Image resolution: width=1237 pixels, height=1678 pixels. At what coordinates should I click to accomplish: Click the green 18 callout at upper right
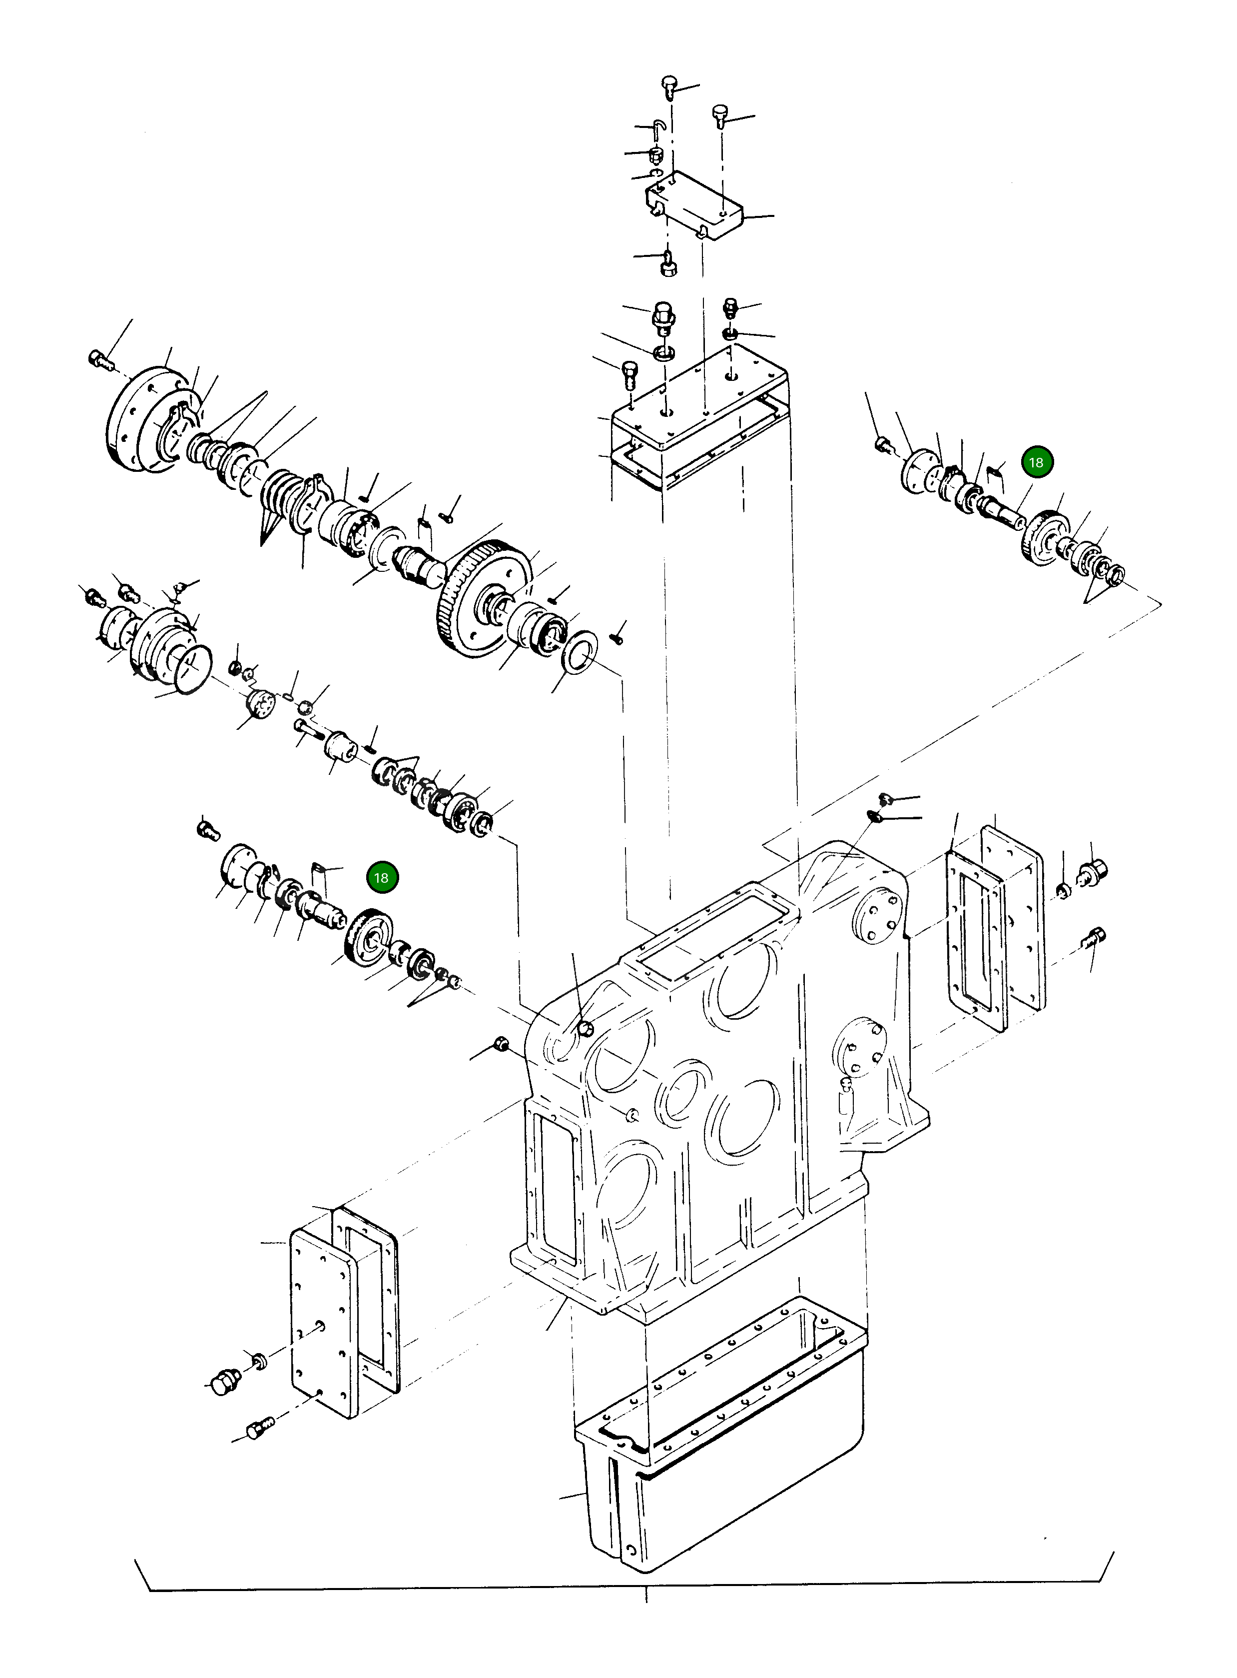tap(1036, 462)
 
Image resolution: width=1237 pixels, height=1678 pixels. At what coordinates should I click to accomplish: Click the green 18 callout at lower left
tap(381, 877)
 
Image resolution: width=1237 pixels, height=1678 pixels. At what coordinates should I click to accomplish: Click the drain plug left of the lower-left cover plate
tap(225, 1382)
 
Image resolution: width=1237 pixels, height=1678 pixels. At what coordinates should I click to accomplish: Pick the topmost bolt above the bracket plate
tap(670, 85)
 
